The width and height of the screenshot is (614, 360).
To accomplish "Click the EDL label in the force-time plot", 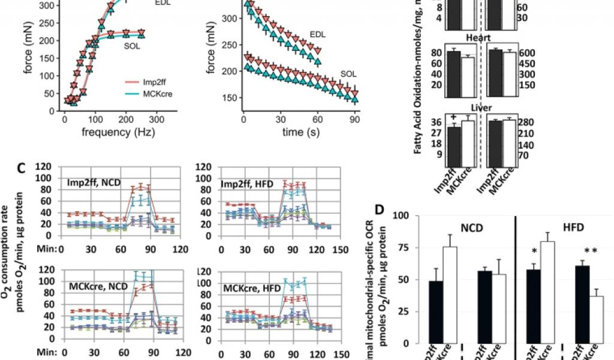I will [318, 34].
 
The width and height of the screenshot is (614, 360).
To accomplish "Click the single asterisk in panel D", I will [534, 250].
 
